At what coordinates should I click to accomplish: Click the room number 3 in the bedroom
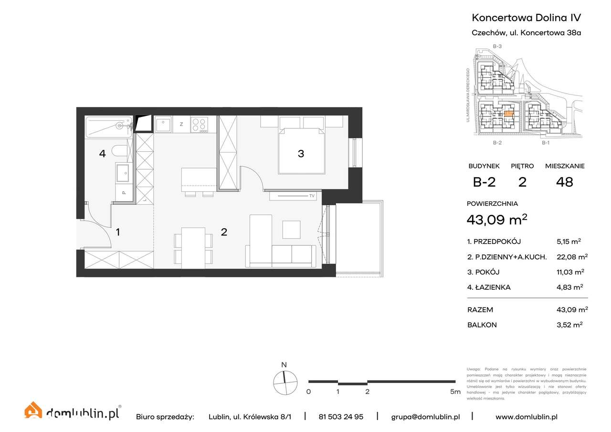coord(301,154)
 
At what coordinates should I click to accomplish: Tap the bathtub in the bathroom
coord(108,127)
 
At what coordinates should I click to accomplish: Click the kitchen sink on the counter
coord(163,125)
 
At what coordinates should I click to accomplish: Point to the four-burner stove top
coord(199,125)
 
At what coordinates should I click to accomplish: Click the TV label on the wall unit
coord(312,196)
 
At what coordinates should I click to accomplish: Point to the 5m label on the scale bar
coord(455,392)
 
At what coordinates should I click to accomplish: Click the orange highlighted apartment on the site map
coord(509,114)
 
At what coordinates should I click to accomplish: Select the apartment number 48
coord(565,182)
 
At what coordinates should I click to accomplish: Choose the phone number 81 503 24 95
coord(340,417)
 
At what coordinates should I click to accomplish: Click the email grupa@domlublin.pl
coord(425,417)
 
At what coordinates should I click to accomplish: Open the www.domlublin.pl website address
coord(526,417)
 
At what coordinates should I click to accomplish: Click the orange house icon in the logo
coord(33,411)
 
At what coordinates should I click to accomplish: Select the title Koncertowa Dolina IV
coord(526,18)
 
